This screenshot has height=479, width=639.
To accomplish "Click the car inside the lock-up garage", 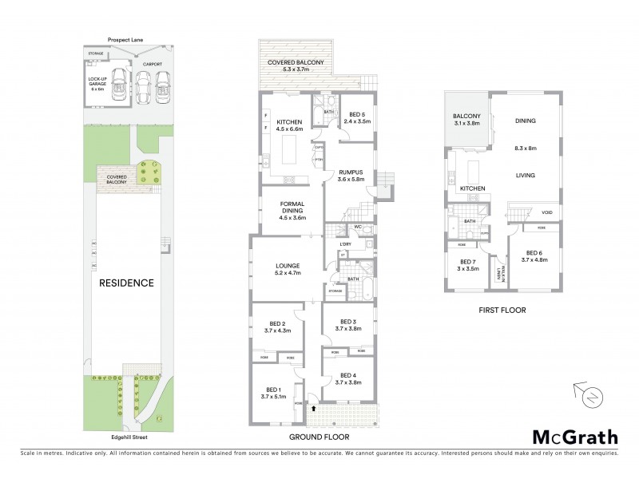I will (x=119, y=85).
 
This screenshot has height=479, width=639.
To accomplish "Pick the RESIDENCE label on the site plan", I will (x=126, y=283).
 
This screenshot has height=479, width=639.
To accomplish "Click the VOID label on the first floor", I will (x=546, y=212).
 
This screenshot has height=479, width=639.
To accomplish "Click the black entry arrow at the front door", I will (x=314, y=408).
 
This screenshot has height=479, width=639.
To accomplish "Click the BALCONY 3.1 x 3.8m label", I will (x=466, y=120).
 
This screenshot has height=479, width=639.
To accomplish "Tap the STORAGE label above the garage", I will (x=96, y=53).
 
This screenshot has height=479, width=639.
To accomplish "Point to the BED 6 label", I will (x=533, y=255).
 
